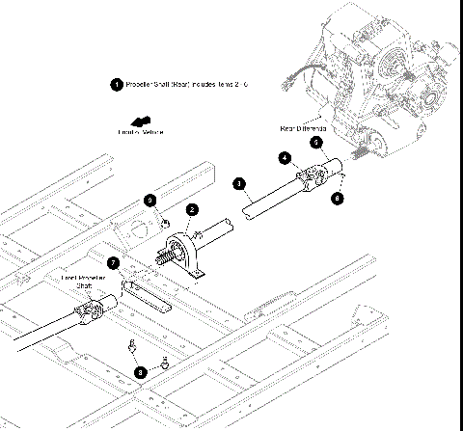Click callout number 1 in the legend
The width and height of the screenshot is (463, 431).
pyautogui.click(x=117, y=85)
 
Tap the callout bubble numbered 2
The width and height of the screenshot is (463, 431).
pyautogui.click(x=193, y=209)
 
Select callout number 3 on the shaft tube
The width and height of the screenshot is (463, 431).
pyautogui.click(x=239, y=182)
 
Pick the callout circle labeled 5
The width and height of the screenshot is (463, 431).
pyautogui.click(x=314, y=142)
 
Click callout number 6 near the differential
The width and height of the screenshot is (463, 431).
pyautogui.click(x=337, y=198)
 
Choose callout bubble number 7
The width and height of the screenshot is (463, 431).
pyautogui.click(x=113, y=261)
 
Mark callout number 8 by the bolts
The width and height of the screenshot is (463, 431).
pyautogui.click(x=141, y=369)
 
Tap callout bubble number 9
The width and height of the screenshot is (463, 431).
pyautogui.click(x=150, y=200)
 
